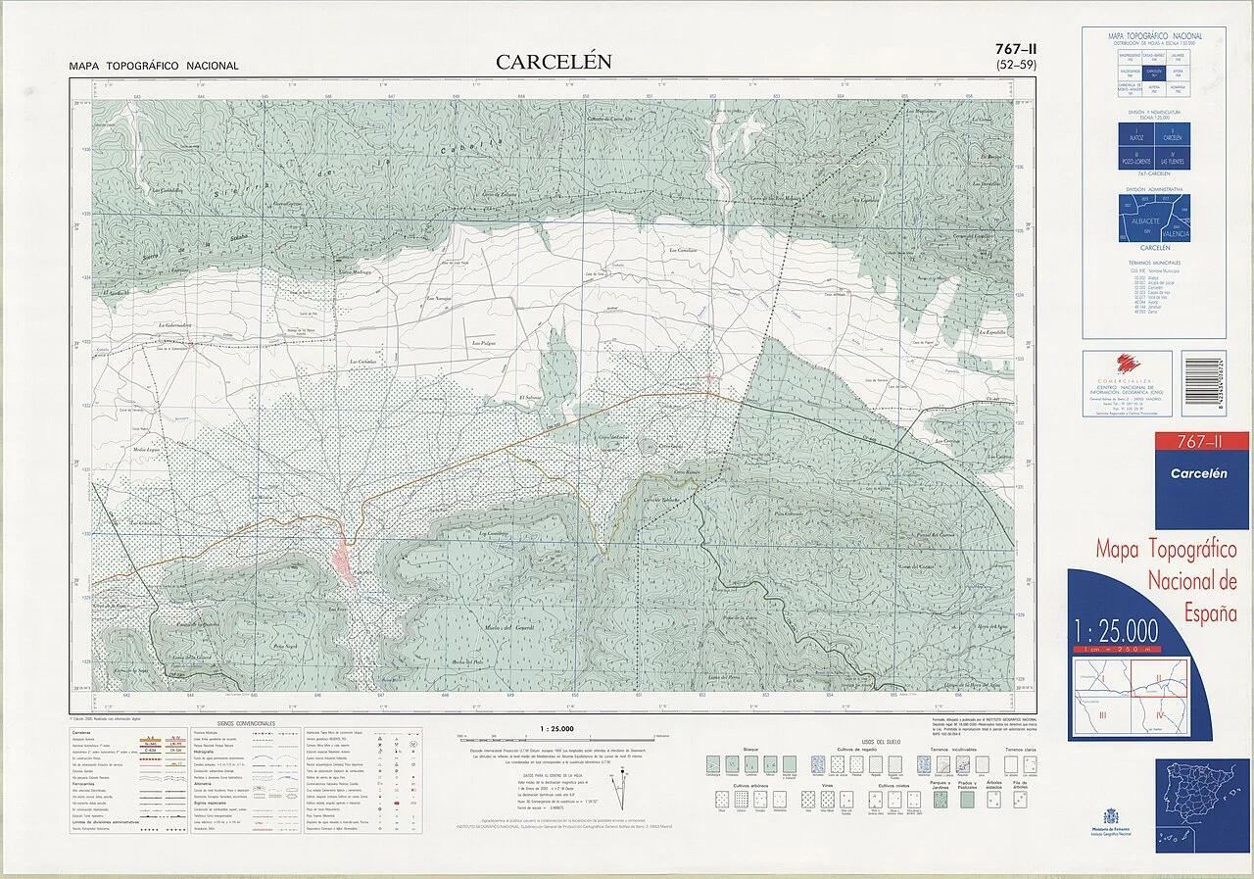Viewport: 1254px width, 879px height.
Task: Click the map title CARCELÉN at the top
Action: point(554,62)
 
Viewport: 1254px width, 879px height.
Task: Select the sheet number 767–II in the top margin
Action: point(1016,49)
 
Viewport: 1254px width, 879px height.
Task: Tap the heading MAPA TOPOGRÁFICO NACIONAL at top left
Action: point(154,67)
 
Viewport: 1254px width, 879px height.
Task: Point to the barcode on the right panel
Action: point(1203,383)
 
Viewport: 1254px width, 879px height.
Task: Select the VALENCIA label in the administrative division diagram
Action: point(1175,234)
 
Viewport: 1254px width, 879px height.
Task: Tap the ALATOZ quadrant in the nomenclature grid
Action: point(1136,135)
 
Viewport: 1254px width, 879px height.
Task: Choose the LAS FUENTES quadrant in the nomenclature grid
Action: point(1173,157)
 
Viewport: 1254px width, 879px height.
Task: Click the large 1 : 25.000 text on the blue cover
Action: point(1116,629)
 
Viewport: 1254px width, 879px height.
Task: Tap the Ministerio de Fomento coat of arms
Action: point(1110,815)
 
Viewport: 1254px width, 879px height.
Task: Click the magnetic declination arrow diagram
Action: point(616,783)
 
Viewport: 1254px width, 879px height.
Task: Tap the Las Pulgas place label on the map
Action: point(485,344)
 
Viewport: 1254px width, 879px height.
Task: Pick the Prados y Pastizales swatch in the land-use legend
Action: point(968,800)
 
